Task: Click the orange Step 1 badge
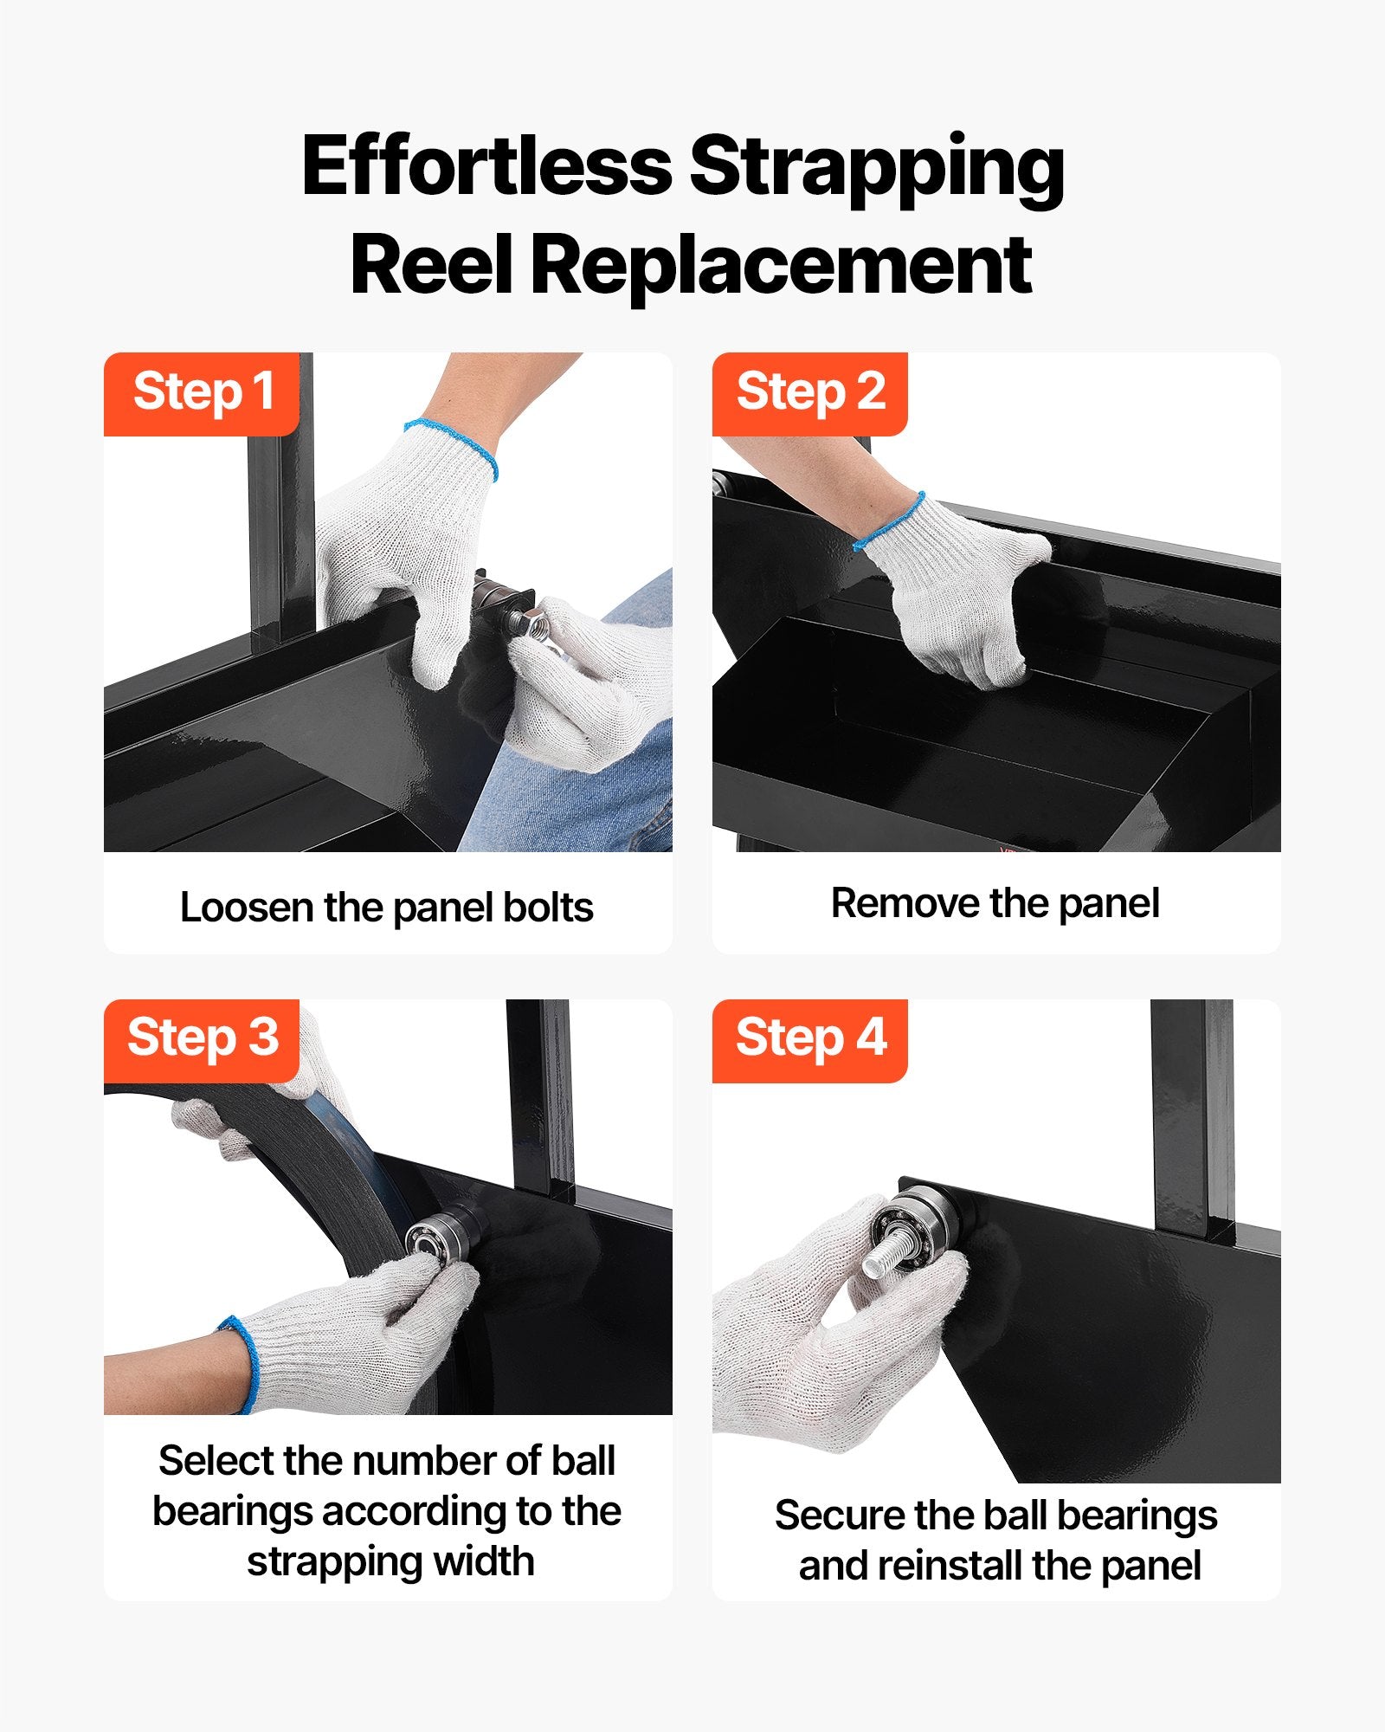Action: tap(202, 393)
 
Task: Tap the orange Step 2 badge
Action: tap(809, 393)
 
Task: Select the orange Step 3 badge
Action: tap(202, 1040)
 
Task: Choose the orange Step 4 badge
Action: tap(809, 1040)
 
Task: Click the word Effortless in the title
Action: tap(486, 165)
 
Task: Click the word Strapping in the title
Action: tap(877, 171)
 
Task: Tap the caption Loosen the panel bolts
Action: tap(387, 908)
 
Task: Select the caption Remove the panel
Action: tap(995, 903)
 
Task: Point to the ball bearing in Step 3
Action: tap(430, 1241)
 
